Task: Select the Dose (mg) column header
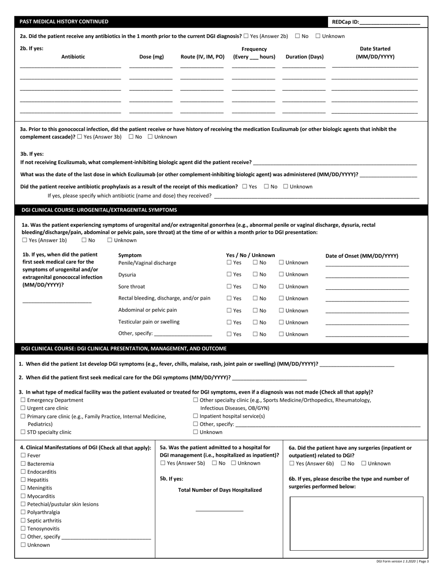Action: (151, 57)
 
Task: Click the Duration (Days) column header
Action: (304, 57)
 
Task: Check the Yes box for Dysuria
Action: (229, 275)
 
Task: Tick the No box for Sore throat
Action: (256, 287)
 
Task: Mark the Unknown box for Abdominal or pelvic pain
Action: (282, 310)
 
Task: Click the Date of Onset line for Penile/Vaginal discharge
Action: (367, 265)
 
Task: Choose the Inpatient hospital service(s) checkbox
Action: (196, 416)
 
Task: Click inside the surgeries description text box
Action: (357, 523)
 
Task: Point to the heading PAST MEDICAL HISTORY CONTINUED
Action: (64, 22)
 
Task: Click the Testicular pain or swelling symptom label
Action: (149, 322)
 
